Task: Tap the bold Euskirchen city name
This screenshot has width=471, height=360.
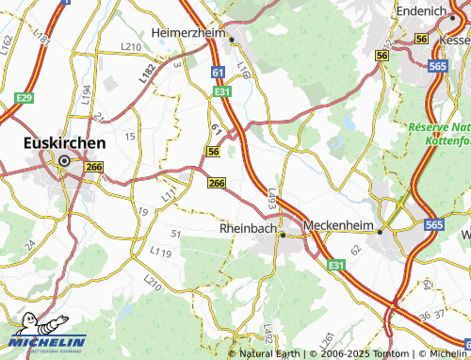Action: point(63,144)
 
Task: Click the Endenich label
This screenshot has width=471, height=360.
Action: point(420,10)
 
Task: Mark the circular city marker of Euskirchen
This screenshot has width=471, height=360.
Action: point(64,161)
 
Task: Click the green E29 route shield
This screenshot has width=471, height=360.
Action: point(24,98)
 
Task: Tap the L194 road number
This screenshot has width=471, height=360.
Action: point(86,93)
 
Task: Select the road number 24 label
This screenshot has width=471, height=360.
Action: point(29,243)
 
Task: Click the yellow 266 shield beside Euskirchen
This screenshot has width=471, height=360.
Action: point(93,167)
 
